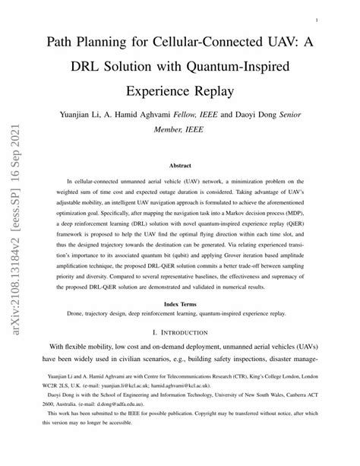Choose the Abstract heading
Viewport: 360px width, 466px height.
coord(179,165)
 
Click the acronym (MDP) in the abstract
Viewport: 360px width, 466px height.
coord(299,224)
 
